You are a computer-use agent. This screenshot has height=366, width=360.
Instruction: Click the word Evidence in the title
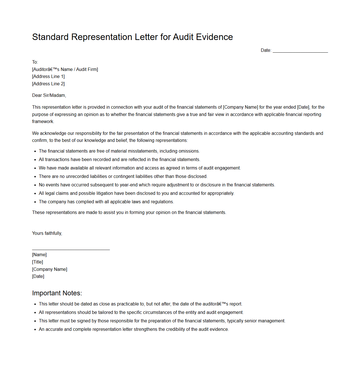(x=214, y=37)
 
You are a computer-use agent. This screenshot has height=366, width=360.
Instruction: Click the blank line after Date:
(x=300, y=51)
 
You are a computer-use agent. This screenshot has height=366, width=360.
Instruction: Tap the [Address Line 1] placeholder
(x=48, y=77)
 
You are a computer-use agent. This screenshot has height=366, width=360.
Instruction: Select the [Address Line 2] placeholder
(x=48, y=84)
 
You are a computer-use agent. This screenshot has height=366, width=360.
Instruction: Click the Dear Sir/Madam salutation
(x=49, y=95)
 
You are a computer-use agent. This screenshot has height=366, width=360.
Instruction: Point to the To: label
(x=35, y=62)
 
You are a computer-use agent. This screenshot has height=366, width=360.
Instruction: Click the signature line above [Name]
(x=71, y=249)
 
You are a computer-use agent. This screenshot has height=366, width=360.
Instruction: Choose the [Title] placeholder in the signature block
(x=37, y=262)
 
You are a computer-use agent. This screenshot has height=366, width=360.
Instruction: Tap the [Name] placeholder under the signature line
(x=39, y=255)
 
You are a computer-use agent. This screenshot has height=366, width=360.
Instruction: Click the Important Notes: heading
(x=57, y=293)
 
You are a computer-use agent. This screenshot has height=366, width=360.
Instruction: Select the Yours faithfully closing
(x=47, y=233)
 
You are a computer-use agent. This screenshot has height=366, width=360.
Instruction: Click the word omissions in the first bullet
(x=189, y=151)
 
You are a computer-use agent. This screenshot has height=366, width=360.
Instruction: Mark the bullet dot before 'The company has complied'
(x=35, y=202)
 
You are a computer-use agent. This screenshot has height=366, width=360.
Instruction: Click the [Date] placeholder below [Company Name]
(x=38, y=276)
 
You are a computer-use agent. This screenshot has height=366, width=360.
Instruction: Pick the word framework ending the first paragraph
(x=43, y=122)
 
